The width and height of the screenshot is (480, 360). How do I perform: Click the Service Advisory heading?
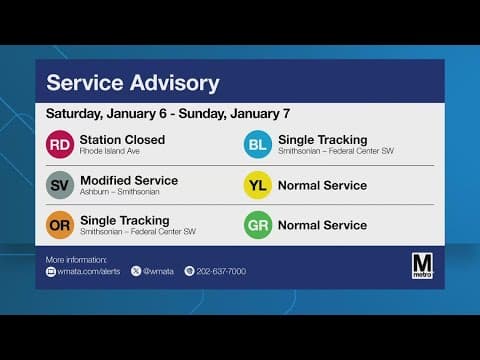point(133,82)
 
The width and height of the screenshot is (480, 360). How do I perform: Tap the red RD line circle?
point(60,145)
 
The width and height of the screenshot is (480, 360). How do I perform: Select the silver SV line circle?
point(60,185)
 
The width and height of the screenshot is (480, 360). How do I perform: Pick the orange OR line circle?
point(60,225)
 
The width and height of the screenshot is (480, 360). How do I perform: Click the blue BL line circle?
point(258,145)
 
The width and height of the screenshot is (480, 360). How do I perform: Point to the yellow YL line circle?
point(258,185)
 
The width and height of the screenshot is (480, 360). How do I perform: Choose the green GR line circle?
point(258,225)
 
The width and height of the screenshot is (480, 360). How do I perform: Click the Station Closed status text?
point(122,139)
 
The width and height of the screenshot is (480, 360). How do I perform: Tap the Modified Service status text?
point(128,180)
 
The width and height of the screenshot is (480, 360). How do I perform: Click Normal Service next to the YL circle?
point(322,185)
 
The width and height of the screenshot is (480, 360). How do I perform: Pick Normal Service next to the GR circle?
point(322,225)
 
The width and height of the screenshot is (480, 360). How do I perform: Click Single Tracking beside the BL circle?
point(322,139)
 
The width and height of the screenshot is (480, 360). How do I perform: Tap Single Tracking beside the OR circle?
point(124,220)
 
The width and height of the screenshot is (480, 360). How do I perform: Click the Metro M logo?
point(422,265)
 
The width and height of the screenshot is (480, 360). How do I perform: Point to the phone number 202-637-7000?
point(221,271)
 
